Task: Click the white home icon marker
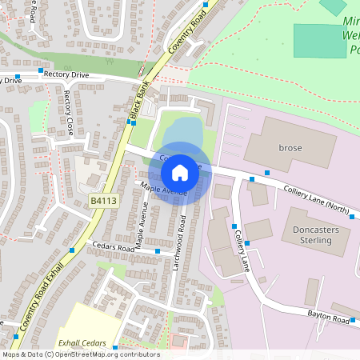click(180, 173)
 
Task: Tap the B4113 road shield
click(103, 202)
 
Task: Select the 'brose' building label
click(289, 148)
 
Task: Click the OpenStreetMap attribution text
click(80, 354)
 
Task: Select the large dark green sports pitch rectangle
click(321, 41)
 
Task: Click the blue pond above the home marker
click(185, 131)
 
